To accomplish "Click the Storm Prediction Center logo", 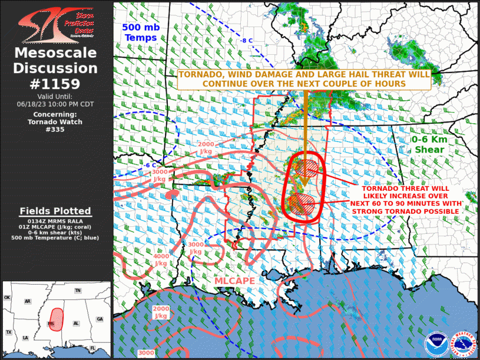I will click(55, 23).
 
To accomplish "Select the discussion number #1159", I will click(55, 84).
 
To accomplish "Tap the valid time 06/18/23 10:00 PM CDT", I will click(55, 104).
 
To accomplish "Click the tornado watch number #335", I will click(55, 129).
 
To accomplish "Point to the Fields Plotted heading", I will click(55, 211).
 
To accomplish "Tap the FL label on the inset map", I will click(92, 349).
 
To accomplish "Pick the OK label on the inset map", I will click(8, 298).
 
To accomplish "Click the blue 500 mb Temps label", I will click(140, 32).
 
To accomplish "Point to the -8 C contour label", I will click(246, 41).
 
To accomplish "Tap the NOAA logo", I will click(437, 344).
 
